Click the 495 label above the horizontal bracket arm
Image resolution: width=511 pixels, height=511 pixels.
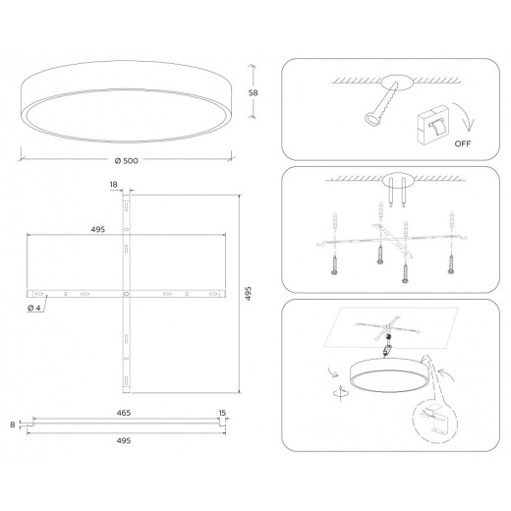(x=98, y=228)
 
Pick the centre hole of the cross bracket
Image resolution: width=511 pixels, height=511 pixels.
(x=126, y=294)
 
